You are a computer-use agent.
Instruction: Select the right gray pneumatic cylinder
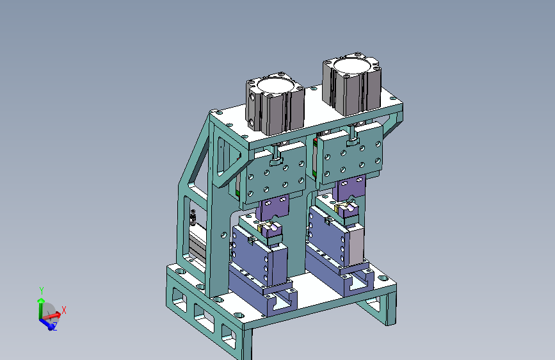352,85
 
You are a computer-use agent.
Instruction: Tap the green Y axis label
42,291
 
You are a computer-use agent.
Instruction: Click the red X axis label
64,311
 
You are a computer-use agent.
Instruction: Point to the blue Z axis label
55,327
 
